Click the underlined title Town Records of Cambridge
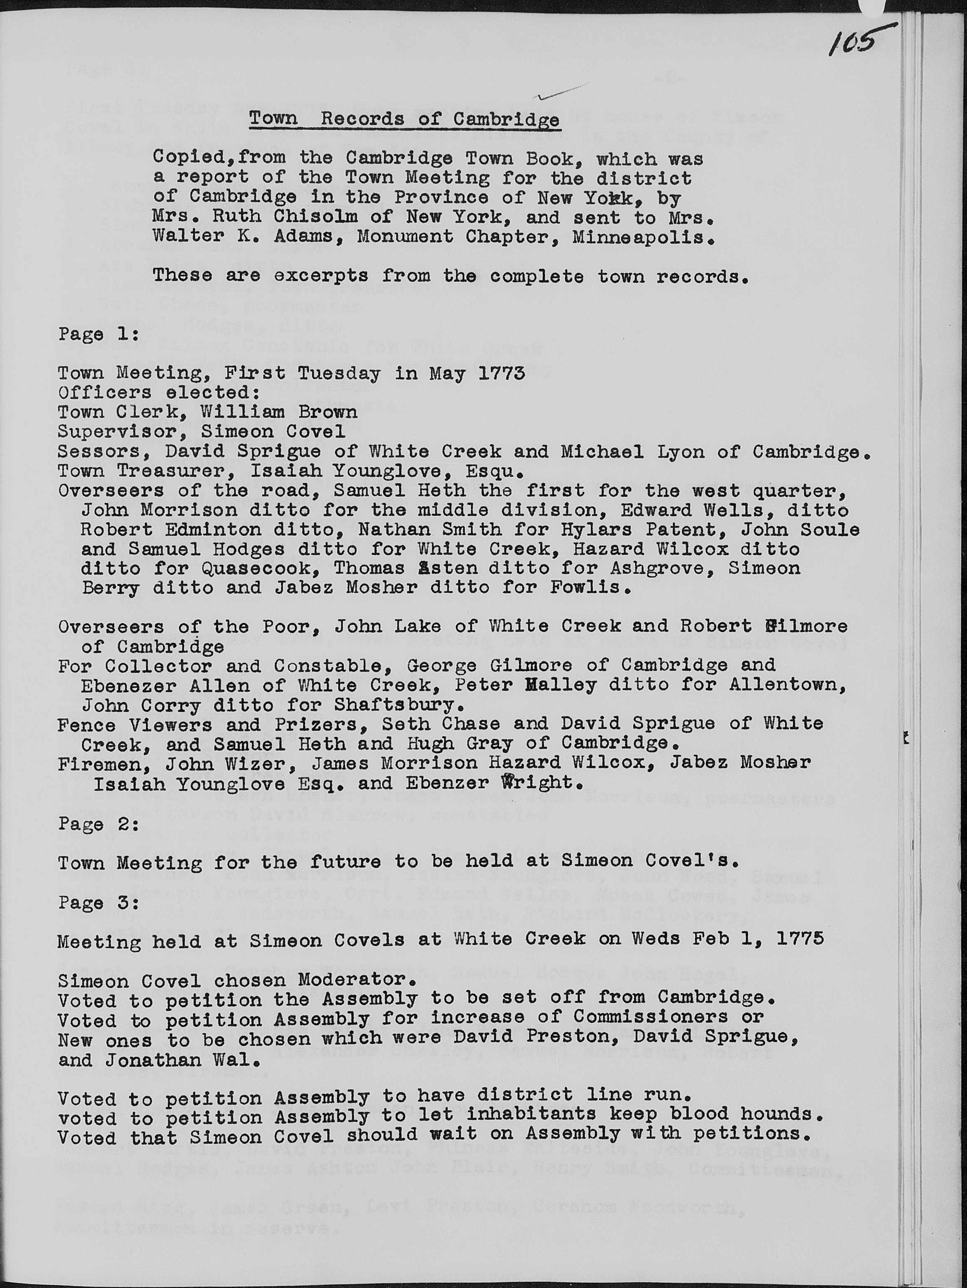tap(404, 119)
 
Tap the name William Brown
tap(279, 412)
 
